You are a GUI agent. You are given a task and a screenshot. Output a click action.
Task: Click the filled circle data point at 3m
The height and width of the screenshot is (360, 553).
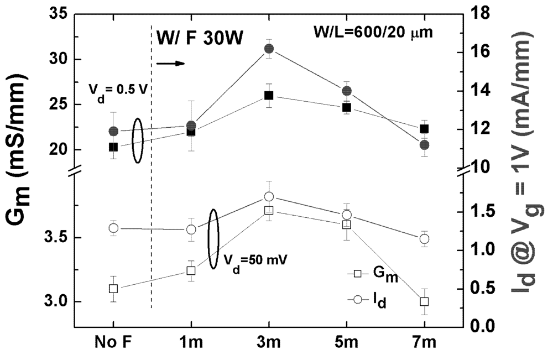269,49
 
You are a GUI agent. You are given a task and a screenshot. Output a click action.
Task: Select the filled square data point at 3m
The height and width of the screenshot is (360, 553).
269,96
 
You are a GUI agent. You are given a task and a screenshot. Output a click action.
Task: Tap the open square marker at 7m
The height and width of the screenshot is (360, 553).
424,301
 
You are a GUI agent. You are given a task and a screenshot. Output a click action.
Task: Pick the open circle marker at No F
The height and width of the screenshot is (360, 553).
113,228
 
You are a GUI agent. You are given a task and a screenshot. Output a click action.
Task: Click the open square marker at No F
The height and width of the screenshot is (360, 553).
113,288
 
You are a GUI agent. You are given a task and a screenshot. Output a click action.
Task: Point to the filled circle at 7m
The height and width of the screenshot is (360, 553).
424,145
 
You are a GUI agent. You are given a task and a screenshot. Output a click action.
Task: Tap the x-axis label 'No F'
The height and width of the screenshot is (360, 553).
113,343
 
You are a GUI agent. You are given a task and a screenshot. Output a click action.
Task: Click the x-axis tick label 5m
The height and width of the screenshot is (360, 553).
347,343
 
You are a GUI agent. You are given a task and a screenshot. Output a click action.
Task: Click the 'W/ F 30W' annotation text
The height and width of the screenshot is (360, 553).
200,40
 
